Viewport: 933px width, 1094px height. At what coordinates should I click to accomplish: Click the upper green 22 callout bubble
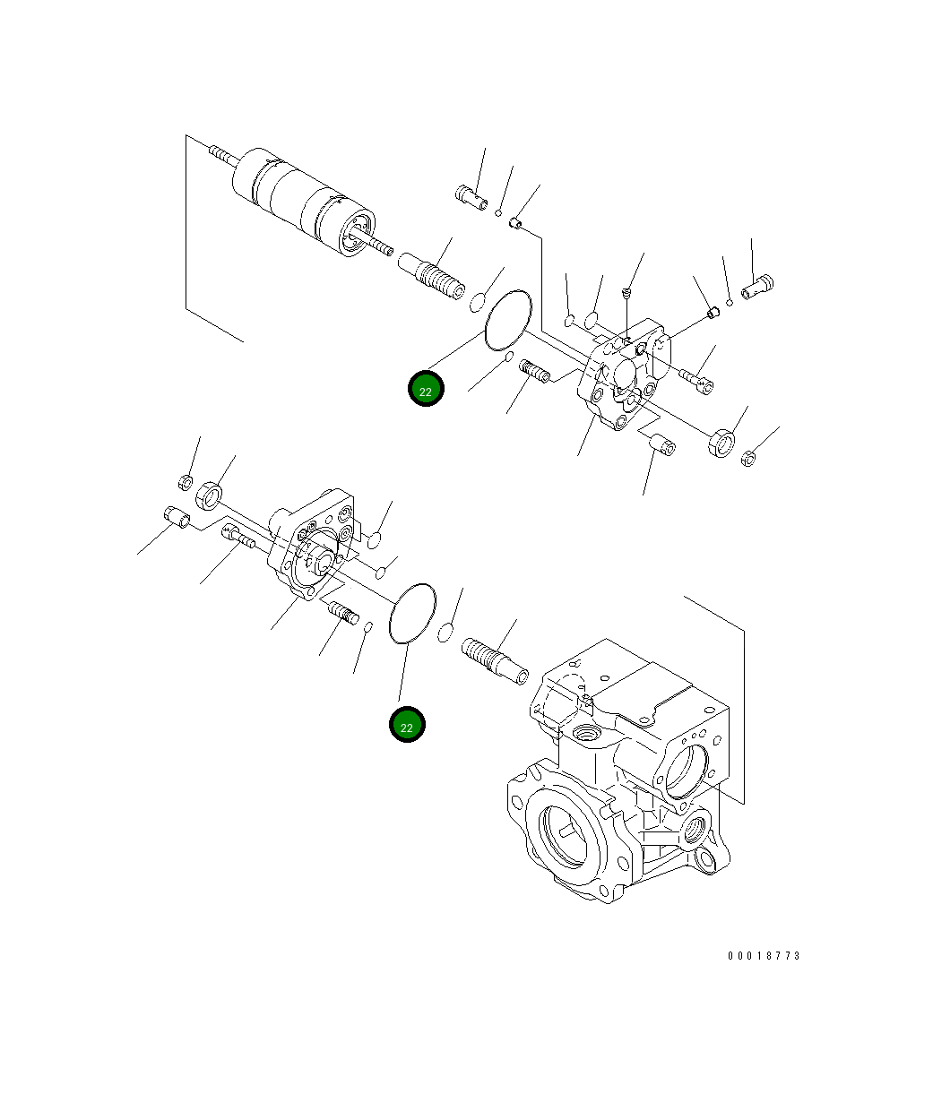(426, 389)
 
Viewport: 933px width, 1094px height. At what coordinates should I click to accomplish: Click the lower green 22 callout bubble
(407, 725)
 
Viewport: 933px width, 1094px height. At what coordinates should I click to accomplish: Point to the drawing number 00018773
(764, 956)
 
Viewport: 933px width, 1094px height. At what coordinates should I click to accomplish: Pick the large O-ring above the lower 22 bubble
(413, 613)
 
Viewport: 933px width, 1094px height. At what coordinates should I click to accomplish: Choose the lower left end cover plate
(314, 547)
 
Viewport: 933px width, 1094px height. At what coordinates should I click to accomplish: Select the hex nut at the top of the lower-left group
(186, 482)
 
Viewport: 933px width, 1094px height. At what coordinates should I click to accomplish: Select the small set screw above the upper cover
(627, 292)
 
